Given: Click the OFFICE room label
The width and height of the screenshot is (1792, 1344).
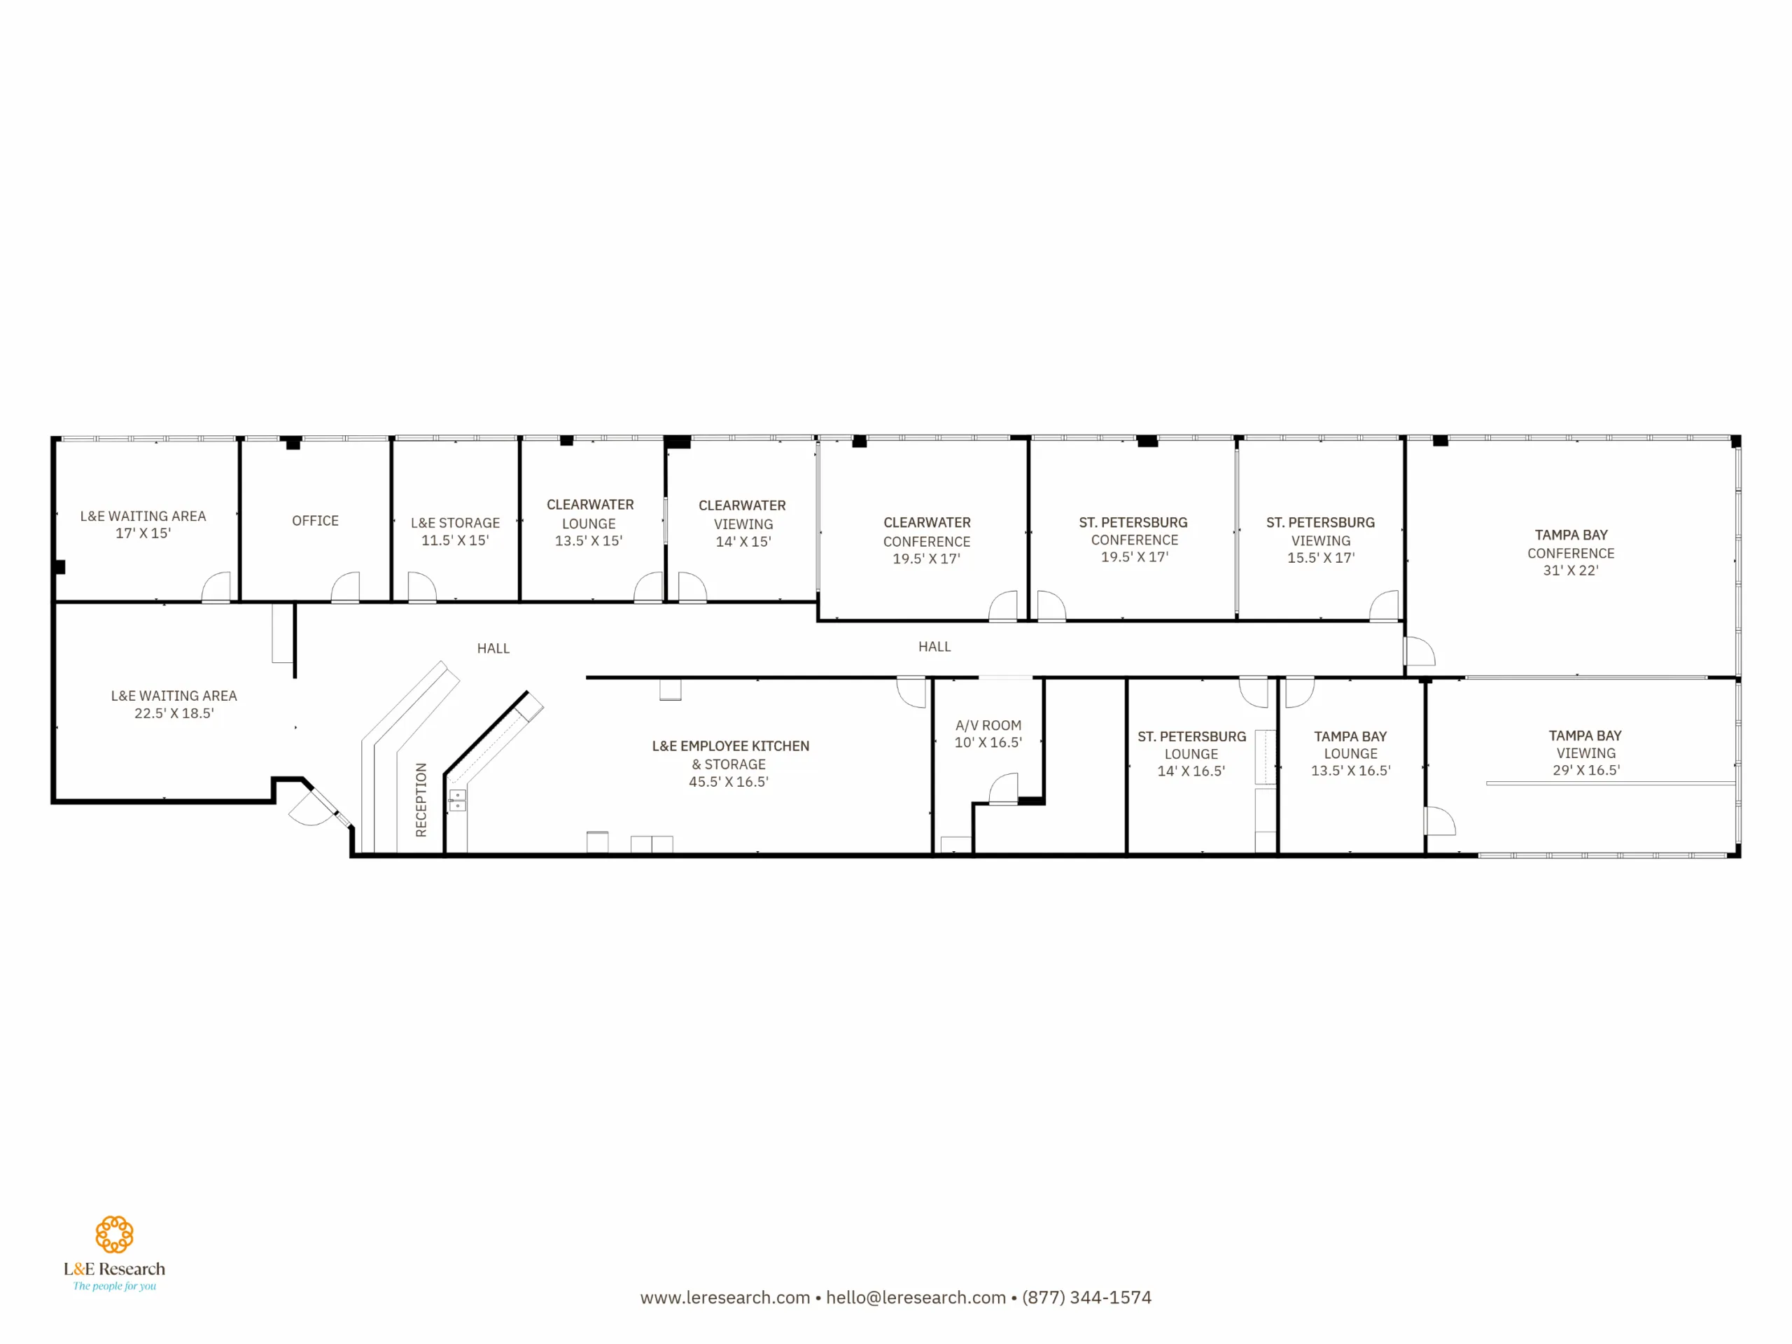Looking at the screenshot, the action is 315,521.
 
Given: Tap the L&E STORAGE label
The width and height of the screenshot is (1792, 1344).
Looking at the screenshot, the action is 455,524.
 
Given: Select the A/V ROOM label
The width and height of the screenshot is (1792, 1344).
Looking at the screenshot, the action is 988,726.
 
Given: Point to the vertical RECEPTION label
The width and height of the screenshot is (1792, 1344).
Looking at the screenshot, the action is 421,799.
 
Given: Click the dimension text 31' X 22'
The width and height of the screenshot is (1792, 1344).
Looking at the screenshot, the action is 1571,570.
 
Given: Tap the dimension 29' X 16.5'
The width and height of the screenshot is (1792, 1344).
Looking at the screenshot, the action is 1586,771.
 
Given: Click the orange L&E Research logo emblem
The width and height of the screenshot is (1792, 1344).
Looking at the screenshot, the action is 114,1235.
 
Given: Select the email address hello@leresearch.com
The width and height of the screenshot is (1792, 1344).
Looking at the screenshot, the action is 916,1298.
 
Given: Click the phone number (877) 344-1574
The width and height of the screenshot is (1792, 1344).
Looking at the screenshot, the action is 1087,1298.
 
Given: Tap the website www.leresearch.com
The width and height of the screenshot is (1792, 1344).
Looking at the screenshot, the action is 725,1298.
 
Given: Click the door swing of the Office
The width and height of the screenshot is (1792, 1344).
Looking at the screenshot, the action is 345,587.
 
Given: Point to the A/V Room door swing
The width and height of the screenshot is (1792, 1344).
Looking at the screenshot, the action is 1004,788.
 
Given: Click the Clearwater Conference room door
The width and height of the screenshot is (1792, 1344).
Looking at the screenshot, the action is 1003,605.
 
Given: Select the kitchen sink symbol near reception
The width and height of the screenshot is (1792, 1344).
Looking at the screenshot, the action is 458,800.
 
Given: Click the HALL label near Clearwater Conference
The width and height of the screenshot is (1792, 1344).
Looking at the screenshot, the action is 935,647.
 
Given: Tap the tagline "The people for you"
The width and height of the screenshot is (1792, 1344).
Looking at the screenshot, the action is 114,1286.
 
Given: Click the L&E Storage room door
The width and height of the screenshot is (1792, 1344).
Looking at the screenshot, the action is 422,587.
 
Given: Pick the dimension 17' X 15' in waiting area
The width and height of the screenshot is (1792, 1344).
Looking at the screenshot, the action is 143,533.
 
